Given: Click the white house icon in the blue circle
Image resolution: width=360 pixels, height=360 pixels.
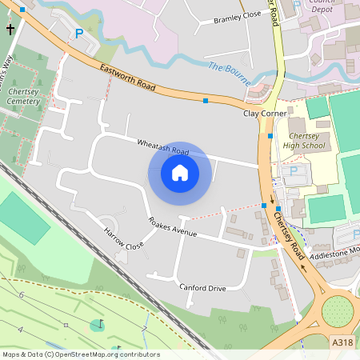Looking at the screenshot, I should (x=180, y=173).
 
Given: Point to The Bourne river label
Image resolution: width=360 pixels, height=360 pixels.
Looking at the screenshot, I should (x=230, y=73).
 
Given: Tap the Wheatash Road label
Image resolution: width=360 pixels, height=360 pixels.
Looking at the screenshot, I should (x=162, y=147).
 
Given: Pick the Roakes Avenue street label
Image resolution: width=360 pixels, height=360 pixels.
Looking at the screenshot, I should (x=171, y=227).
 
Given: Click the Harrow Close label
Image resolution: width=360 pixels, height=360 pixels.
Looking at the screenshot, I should (x=124, y=240).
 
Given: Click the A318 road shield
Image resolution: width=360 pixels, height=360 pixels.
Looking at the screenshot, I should (x=342, y=342).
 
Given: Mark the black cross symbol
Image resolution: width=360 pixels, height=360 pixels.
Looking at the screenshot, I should (x=10, y=30).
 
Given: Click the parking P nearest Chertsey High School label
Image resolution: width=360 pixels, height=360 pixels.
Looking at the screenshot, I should (x=293, y=171).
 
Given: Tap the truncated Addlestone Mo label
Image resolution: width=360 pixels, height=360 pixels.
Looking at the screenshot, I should (x=334, y=250).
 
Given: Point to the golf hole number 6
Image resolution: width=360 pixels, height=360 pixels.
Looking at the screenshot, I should (x=22, y=296).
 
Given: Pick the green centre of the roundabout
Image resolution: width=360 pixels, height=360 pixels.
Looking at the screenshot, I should (x=337, y=311).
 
